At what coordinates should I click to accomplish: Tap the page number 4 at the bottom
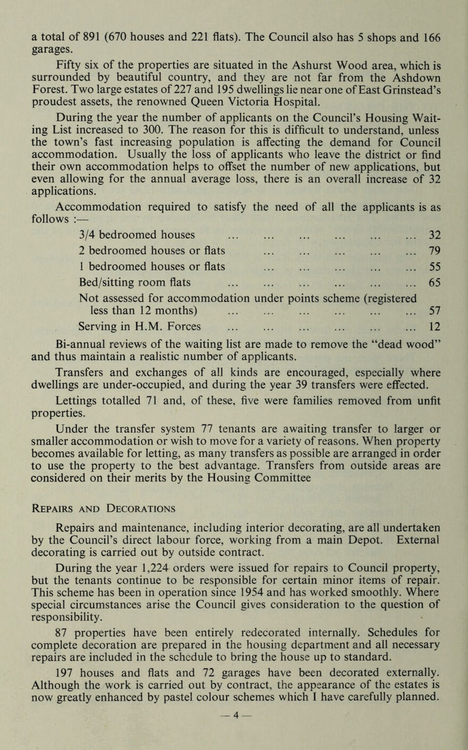233,732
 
